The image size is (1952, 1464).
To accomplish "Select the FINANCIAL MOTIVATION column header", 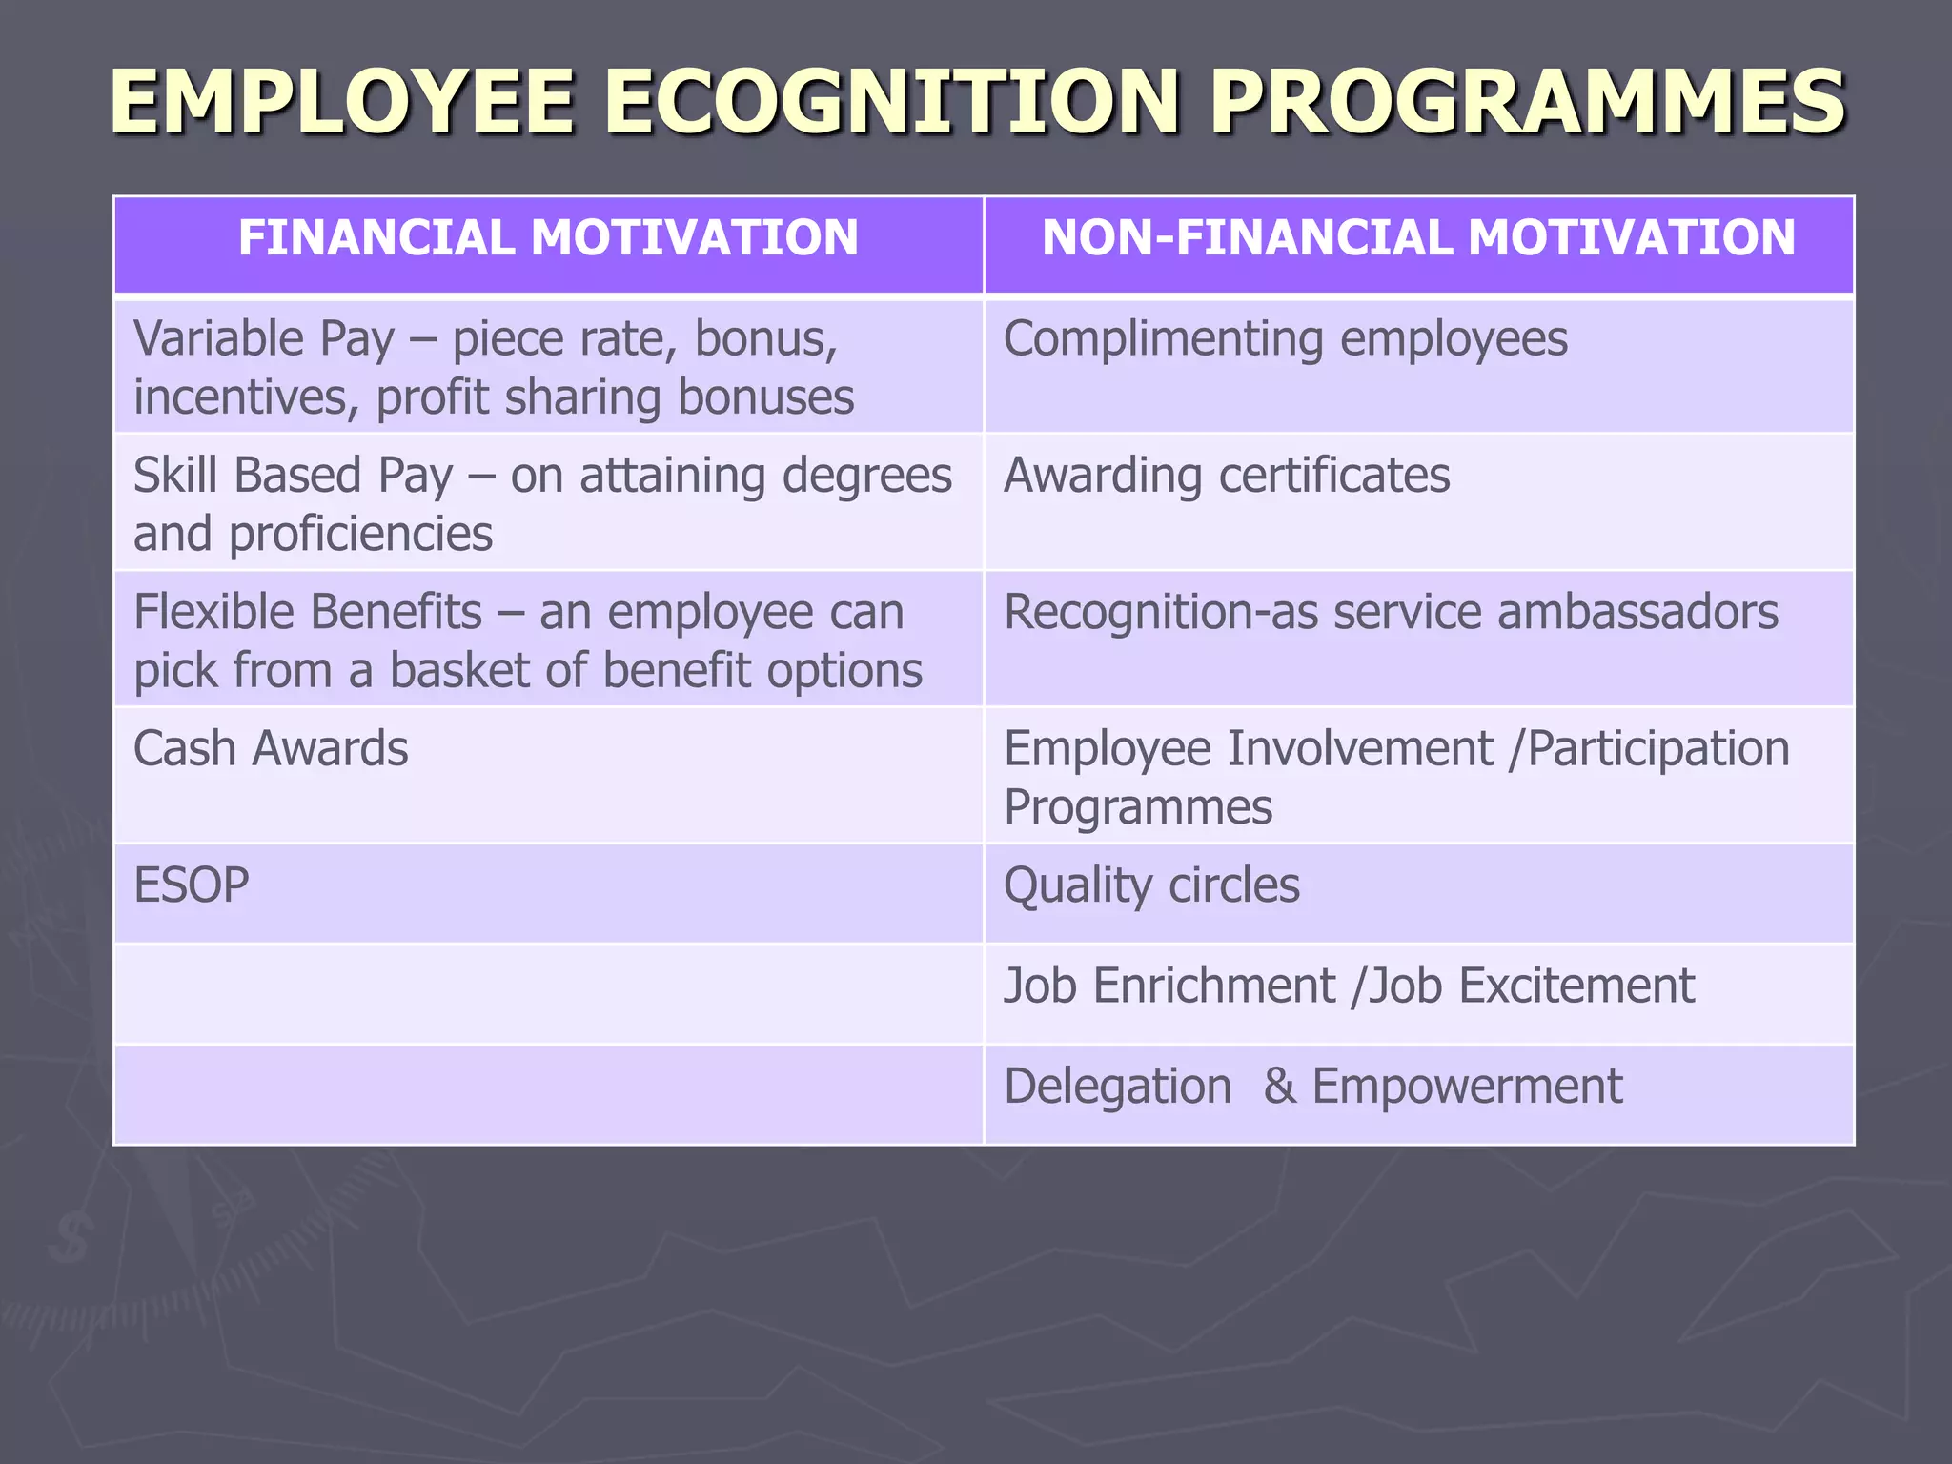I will pos(548,237).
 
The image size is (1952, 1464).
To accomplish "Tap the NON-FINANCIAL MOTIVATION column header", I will pos(1418,237).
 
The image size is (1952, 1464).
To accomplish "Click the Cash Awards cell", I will pos(271,749).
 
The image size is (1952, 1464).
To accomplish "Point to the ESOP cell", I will pos(192,885).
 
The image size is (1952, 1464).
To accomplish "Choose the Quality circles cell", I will pos(1151,885).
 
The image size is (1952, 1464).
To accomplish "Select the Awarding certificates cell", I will pos(1227,476).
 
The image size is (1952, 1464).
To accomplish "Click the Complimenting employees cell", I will pos(1285,339).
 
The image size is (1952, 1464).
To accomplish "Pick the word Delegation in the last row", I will pos(1117,1087).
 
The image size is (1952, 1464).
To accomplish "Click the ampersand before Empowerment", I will pos(1279,1087).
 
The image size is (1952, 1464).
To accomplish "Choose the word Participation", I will pos(1658,749).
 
